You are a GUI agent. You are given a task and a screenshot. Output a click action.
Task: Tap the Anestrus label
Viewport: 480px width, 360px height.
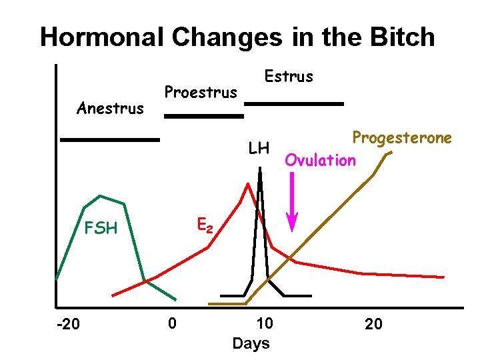tap(110, 108)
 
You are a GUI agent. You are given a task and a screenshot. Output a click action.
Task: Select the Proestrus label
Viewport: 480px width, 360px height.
tap(201, 92)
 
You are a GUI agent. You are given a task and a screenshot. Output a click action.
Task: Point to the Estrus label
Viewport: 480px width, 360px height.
tap(289, 76)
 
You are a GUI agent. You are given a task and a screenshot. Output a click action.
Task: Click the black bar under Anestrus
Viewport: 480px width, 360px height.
tap(110, 140)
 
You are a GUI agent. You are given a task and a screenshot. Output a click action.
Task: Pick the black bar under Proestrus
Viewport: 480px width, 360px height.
tap(204, 116)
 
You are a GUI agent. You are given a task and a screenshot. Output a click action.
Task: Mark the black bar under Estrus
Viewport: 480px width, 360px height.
tap(294, 104)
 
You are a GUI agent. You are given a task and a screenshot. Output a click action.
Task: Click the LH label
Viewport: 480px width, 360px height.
tap(258, 148)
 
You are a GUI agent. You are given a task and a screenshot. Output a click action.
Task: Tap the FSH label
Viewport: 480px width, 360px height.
tap(101, 229)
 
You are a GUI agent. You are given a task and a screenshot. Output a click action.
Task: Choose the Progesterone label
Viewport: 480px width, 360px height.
tap(402, 138)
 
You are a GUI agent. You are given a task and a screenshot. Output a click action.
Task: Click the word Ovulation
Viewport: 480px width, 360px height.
tap(321, 160)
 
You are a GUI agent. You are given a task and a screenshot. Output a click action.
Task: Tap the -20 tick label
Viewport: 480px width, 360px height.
tap(67, 325)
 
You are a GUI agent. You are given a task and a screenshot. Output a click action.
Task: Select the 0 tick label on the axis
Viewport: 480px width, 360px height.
tap(172, 324)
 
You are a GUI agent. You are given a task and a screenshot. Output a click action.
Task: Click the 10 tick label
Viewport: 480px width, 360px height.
tap(264, 324)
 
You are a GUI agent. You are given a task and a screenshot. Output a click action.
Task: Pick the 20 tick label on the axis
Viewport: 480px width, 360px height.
tap(373, 325)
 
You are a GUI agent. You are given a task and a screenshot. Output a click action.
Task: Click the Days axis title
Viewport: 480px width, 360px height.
tap(251, 343)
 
